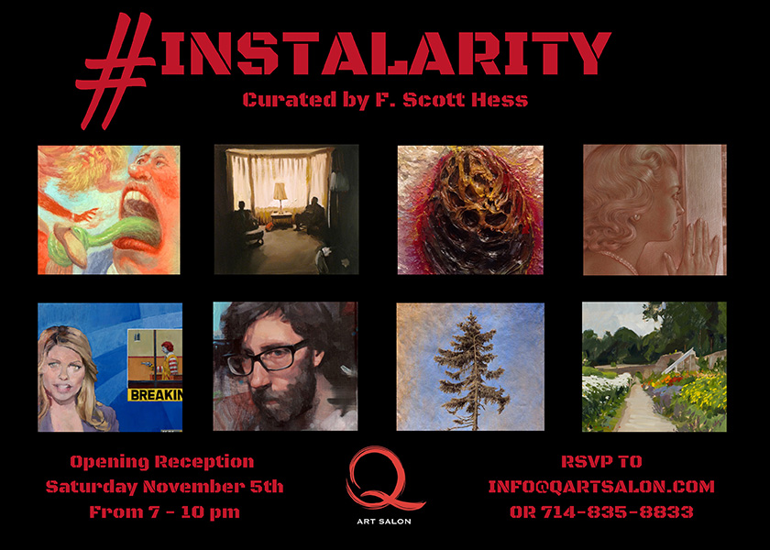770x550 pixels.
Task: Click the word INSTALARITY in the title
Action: click(x=386, y=52)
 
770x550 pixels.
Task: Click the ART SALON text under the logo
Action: click(x=384, y=521)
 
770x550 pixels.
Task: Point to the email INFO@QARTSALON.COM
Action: click(x=601, y=487)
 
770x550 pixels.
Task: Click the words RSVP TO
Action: click(x=601, y=462)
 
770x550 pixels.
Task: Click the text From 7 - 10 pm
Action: click(x=164, y=512)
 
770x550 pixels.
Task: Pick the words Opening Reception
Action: click(x=162, y=462)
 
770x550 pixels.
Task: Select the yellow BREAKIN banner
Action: click(x=155, y=394)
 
